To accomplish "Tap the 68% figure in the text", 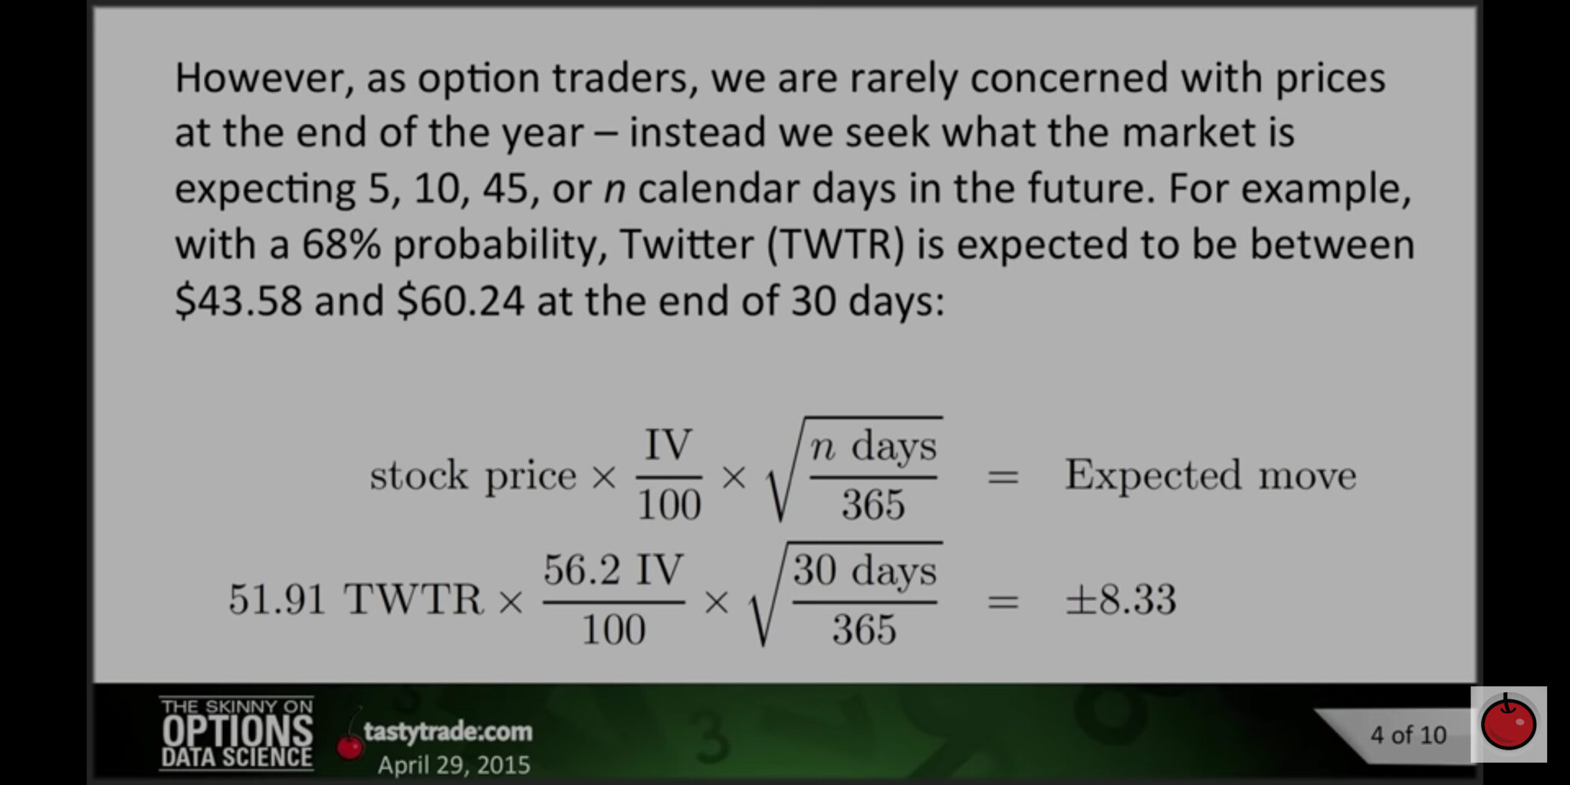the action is [341, 245].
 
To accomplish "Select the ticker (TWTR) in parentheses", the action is [836, 245].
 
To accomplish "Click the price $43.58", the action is [238, 301].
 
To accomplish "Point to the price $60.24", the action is [460, 301].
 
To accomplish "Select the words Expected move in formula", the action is [1210, 475].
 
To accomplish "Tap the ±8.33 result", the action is [1120, 599].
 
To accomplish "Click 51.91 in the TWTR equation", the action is [277, 599].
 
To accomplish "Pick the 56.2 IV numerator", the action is [613, 570].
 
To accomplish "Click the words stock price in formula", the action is [472, 476].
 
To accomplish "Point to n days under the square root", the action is [873, 446].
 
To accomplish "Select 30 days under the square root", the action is [865, 570].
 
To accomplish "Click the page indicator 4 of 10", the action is [1408, 735].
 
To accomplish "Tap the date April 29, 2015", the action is [454, 765].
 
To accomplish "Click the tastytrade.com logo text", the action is [448, 731].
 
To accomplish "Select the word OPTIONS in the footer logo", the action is [237, 731].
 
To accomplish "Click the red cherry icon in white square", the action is [1508, 724].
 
